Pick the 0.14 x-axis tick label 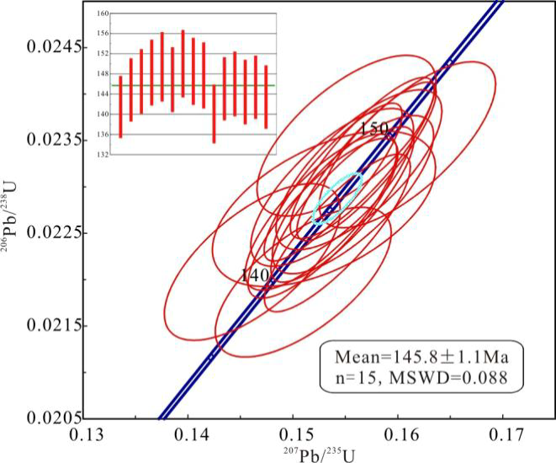[x=188, y=438]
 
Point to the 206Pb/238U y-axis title [x=14, y=230]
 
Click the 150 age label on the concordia [x=373, y=129]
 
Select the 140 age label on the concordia [x=254, y=275]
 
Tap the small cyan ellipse [x=337, y=199]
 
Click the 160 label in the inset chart [x=103, y=13]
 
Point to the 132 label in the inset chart [x=103, y=155]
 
